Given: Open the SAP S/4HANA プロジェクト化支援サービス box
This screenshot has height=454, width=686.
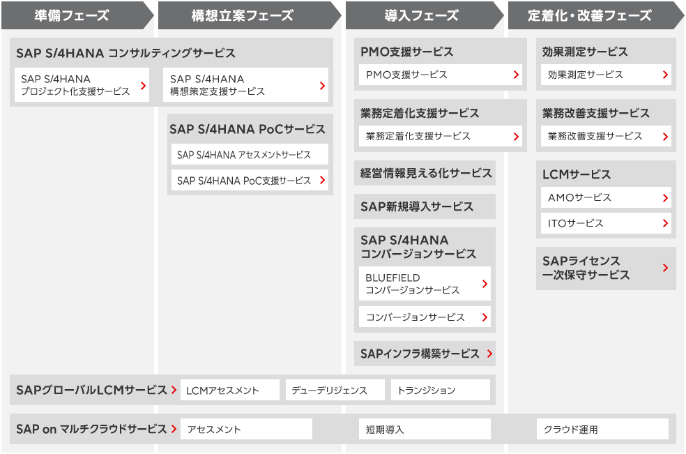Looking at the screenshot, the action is pyautogui.click(x=82, y=85).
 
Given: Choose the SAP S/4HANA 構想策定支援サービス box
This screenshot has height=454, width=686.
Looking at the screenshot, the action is pyautogui.click(x=245, y=85).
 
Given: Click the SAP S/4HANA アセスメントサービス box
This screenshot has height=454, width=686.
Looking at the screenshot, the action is pyautogui.click(x=250, y=155).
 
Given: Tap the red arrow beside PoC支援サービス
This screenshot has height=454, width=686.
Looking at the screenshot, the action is pyautogui.click(x=323, y=180).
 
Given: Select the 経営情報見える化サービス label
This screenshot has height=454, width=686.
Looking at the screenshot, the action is pyautogui.click(x=426, y=174).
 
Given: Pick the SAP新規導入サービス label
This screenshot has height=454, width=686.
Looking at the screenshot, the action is pyautogui.click(x=416, y=206).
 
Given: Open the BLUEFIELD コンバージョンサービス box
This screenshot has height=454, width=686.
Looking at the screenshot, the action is pyautogui.click(x=425, y=284).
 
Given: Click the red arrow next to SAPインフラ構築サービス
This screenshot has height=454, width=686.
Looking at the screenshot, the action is pyautogui.click(x=489, y=354).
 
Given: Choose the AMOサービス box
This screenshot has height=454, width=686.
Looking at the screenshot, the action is pyautogui.click(x=606, y=198).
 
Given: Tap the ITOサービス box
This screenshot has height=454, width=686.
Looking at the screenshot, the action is pyautogui.click(x=606, y=223).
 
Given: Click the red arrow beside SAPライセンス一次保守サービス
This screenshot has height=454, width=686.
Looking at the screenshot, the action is pyautogui.click(x=666, y=268).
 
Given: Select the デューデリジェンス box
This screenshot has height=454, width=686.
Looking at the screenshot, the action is pyautogui.click(x=335, y=390).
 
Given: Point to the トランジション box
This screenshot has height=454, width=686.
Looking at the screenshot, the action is pyautogui.click(x=441, y=390).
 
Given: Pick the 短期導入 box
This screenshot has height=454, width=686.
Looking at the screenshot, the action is pyautogui.click(x=425, y=429).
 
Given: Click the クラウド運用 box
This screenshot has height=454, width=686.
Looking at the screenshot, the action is pyautogui.click(x=603, y=429).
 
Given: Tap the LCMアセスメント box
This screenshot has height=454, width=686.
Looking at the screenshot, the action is pyautogui.click(x=230, y=390).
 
